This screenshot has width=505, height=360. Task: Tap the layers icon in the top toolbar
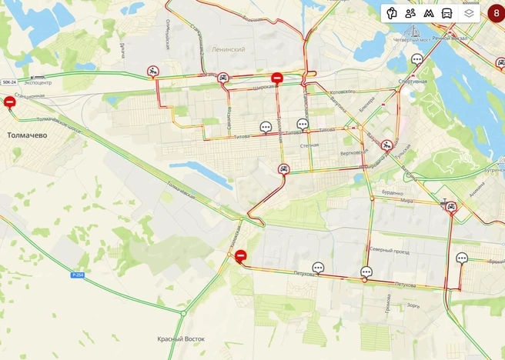(469, 13)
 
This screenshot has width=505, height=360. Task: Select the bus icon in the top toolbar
(446, 13)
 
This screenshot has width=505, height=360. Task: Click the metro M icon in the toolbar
(429, 13)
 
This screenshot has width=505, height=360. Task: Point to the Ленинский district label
(227, 49)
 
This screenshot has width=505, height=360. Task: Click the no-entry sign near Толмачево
(10, 102)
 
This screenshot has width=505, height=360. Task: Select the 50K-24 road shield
(8, 82)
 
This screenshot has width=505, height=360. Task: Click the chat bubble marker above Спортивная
(417, 59)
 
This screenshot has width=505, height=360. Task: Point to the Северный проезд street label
(389, 252)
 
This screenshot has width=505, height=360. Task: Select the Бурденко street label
(393, 193)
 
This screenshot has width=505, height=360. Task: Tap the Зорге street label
(415, 305)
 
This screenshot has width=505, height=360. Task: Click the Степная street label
(309, 145)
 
